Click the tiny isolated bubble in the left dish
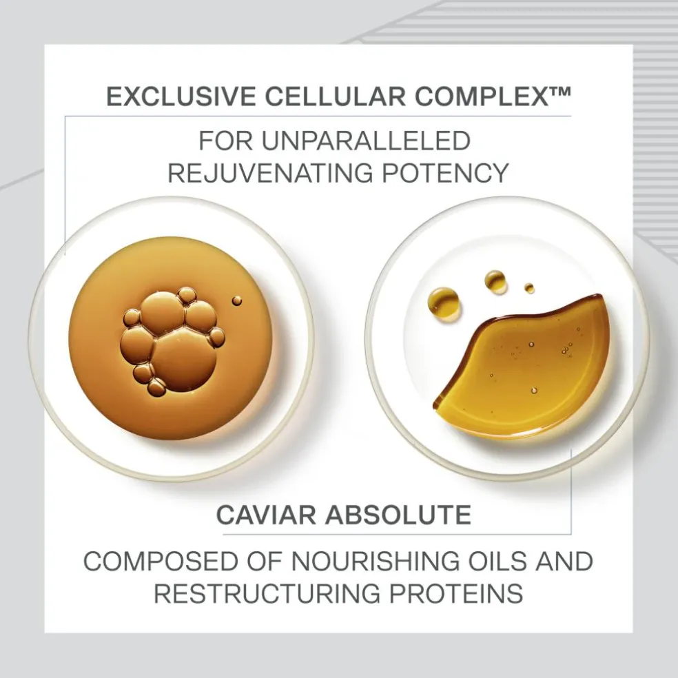click(x=237, y=300)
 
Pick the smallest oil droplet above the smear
click(x=529, y=288)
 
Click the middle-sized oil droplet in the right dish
click(x=495, y=280)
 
